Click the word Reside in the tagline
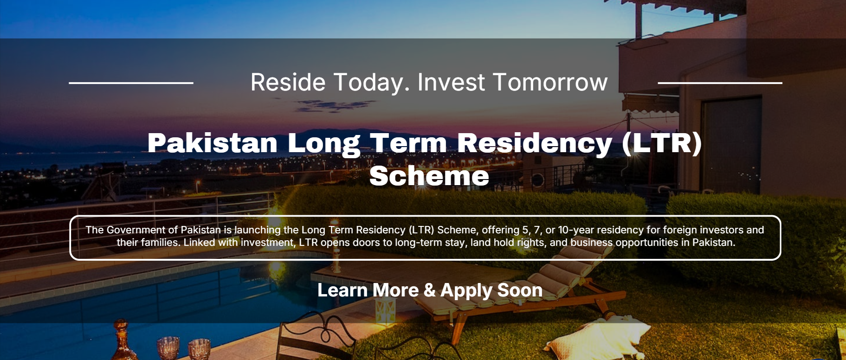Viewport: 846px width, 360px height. coord(288,82)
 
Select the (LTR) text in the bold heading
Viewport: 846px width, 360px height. coord(661,143)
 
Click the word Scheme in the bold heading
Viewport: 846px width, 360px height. coord(429,176)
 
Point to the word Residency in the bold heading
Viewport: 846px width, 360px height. coord(535,143)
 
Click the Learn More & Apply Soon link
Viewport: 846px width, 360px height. coord(430,290)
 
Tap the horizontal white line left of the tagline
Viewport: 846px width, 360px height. coord(131,83)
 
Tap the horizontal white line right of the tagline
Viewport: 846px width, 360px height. coord(720,83)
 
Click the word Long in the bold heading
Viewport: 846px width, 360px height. coord(323,143)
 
